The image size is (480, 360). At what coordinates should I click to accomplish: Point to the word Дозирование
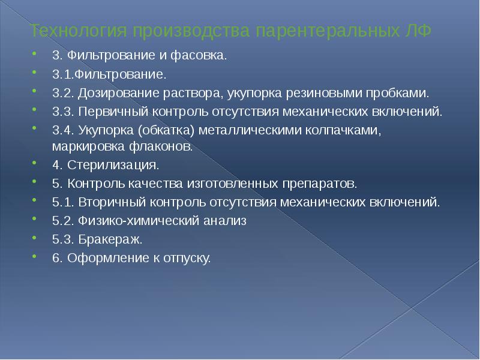coord(104,93)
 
